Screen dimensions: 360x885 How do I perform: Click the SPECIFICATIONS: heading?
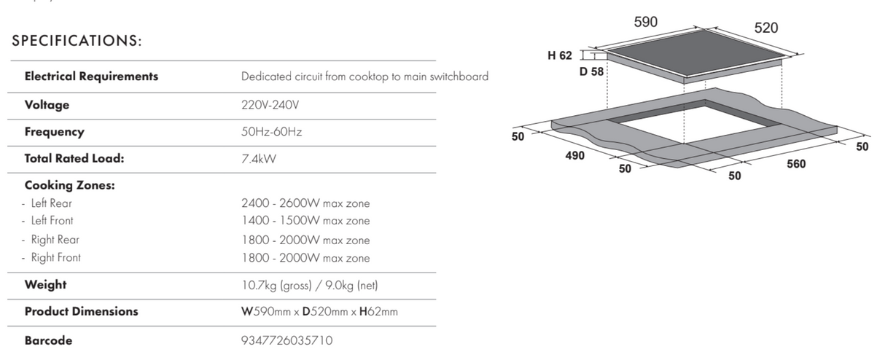pos(77,42)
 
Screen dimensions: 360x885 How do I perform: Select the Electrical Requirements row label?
pos(91,76)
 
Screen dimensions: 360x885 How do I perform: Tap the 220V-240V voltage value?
pos(270,105)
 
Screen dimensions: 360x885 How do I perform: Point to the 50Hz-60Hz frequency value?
pos(271,132)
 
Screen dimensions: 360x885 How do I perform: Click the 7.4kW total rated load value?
pos(259,158)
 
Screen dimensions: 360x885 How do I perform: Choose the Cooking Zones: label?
pos(70,185)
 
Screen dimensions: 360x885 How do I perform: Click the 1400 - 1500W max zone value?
pos(305,221)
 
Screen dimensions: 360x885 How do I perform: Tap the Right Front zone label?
pos(55,257)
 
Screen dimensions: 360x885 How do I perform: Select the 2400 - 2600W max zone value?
pos(305,203)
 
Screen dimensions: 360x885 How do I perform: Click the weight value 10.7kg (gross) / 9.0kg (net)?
pos(310,285)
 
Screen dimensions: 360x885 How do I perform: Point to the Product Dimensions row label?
pos(81,311)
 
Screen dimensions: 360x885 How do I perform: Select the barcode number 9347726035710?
pos(286,340)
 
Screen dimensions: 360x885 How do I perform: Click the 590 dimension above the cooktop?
pos(646,22)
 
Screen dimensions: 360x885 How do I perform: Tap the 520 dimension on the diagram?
pos(766,28)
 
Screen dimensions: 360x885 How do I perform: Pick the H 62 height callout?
pos(560,55)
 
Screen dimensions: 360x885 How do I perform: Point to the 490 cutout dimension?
pos(574,156)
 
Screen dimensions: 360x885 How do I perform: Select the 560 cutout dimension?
pos(796,164)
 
